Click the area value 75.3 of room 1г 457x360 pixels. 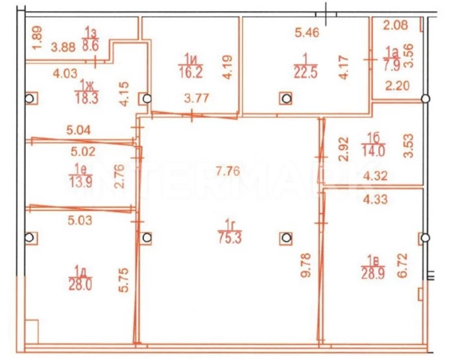click(230, 238)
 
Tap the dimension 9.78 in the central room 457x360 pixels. click(306, 265)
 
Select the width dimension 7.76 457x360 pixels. click(228, 171)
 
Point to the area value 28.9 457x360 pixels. click(373, 274)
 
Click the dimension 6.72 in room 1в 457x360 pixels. click(402, 266)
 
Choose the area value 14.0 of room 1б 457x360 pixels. click(373, 151)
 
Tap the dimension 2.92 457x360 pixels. click(344, 149)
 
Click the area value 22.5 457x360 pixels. click(306, 72)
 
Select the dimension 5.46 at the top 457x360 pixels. click(307, 32)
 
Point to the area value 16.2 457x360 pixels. click(191, 72)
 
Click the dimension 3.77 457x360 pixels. click(197, 98)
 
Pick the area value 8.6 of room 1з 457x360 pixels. click(91, 46)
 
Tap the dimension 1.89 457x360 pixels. click(37, 38)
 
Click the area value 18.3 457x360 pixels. click(87, 98)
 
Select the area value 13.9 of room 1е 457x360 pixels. click(81, 183)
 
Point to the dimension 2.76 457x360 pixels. click(119, 176)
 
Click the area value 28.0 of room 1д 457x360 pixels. click(80, 285)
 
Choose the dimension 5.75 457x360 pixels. click(124, 280)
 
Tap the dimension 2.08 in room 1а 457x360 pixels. click(395, 25)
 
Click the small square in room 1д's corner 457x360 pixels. click(31, 332)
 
